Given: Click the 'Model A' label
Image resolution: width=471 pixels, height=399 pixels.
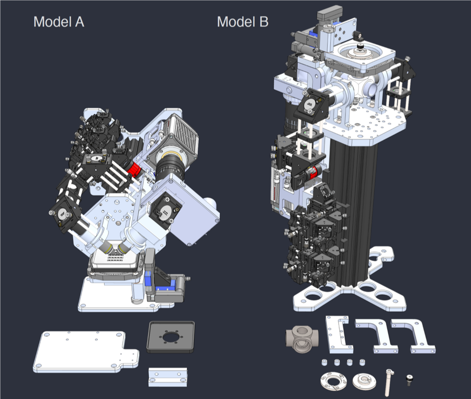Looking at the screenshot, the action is (59, 22).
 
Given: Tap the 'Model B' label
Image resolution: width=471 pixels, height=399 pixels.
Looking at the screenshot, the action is (242, 22).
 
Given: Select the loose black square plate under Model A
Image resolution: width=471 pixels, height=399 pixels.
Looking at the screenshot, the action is (171, 337).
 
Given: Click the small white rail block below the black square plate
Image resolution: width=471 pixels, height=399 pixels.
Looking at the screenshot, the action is (168, 377).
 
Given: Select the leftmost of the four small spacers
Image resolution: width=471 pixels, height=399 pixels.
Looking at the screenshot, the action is (324, 362).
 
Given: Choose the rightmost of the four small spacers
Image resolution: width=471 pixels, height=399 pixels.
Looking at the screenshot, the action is (363, 362).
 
